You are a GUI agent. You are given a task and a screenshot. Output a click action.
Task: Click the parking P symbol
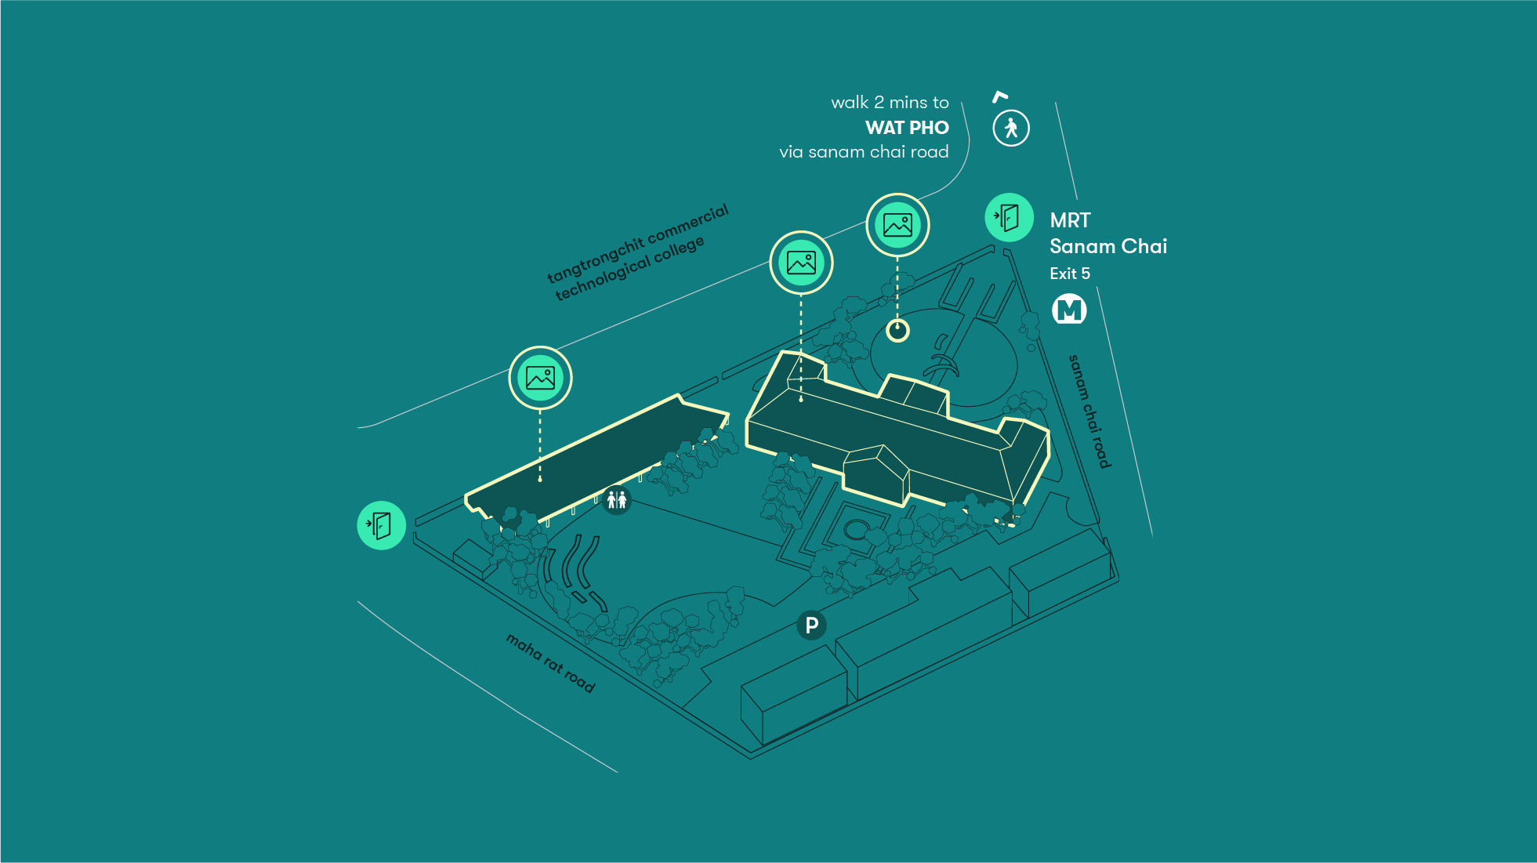[x=811, y=625]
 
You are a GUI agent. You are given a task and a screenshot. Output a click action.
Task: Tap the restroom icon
[x=617, y=499]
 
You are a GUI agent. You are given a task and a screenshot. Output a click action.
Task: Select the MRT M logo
[x=1069, y=310]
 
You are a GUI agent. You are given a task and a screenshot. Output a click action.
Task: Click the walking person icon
[x=1011, y=128]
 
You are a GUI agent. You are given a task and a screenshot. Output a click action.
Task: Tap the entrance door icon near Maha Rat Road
[x=381, y=525]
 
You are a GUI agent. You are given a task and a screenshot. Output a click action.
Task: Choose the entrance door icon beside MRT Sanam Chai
[x=1009, y=217]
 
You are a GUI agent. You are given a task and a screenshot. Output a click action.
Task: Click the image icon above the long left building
[x=540, y=378]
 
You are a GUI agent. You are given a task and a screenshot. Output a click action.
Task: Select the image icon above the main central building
[x=801, y=263]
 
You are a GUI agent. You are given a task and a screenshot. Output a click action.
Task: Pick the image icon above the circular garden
[x=897, y=225]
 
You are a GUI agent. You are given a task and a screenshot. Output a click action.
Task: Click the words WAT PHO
[x=907, y=128]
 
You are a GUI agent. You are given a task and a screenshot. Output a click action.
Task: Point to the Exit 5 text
[x=1070, y=274]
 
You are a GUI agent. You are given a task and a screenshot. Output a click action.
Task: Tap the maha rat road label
[x=550, y=663]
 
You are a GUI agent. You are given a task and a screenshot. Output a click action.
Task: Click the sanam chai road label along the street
[x=1089, y=412]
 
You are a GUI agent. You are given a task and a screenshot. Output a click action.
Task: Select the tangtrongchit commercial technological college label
[x=637, y=252]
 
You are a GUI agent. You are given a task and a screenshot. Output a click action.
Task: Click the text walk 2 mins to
[x=890, y=103]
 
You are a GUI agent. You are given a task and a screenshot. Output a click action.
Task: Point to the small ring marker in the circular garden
[x=897, y=331]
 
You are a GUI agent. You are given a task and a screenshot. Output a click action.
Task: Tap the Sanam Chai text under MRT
[x=1107, y=246]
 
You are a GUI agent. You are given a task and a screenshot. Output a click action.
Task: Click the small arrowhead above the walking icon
[x=999, y=96]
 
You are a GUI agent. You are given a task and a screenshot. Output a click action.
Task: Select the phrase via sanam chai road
[x=864, y=152]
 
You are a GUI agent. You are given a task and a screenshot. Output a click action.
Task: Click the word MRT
[x=1070, y=220]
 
